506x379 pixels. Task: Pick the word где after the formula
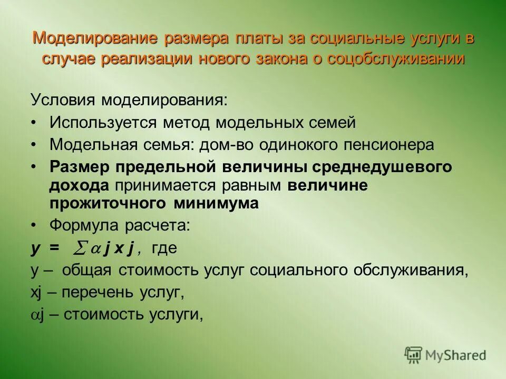164,248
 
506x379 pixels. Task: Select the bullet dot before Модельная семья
34,144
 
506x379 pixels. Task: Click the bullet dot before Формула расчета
34,225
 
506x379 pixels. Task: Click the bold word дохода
80,185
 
